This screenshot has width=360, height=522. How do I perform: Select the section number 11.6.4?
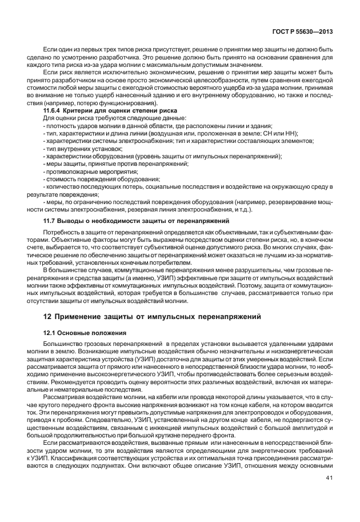click(x=53, y=109)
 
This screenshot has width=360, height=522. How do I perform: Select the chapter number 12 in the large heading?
click(x=49, y=316)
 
